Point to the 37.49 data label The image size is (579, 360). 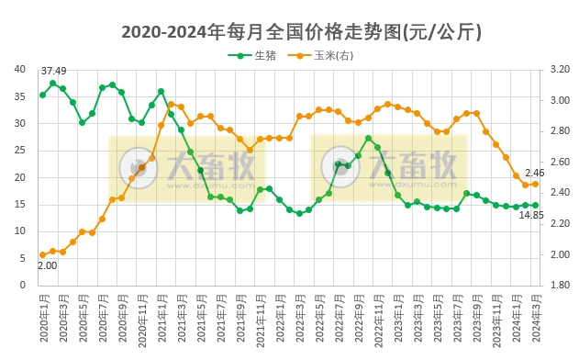(53, 72)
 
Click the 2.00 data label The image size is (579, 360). (47, 266)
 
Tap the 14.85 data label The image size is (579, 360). (531, 215)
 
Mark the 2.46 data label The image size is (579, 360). (535, 173)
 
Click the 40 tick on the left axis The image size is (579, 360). (19, 69)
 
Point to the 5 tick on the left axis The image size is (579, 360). (22, 258)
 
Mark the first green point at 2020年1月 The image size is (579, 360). (42, 95)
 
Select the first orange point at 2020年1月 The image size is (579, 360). (42, 254)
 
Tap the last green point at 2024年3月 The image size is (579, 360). (536, 206)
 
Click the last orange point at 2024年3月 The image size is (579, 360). (536, 184)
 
